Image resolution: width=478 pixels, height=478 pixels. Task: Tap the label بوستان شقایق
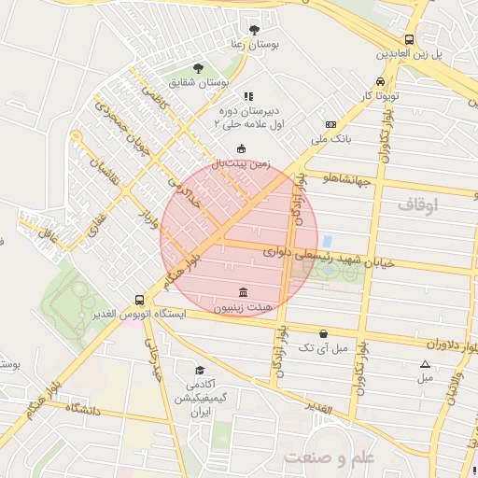pos(199,82)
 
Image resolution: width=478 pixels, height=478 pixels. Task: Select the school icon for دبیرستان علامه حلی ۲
pos(247,96)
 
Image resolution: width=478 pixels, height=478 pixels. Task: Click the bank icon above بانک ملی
pos(330,124)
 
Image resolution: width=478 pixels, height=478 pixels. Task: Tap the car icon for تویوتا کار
pos(379,81)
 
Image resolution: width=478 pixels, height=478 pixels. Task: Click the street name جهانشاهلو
pos(343,177)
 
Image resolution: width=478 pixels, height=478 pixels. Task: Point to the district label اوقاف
pos(416,204)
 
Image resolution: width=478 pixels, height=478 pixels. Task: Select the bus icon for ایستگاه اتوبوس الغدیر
pos(139,300)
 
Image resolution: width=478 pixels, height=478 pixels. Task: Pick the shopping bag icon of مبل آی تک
pos(323,333)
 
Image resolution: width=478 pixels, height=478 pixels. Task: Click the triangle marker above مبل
pos(426,364)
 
